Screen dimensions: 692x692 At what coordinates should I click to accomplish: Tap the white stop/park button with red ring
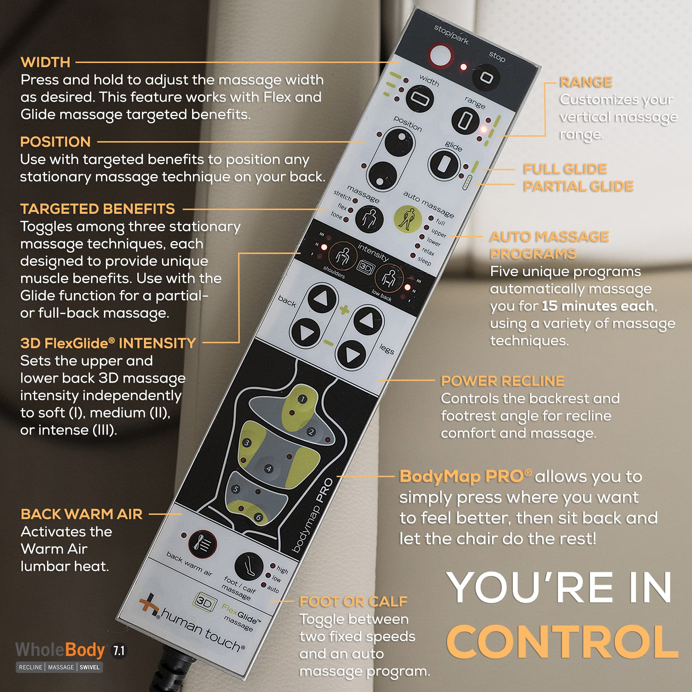click(441, 55)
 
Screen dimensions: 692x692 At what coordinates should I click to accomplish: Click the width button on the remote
click(420, 99)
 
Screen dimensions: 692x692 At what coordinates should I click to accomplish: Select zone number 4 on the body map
click(268, 468)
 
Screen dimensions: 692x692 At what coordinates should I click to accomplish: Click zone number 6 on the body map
click(258, 517)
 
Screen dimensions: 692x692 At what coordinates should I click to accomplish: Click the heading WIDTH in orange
click(45, 62)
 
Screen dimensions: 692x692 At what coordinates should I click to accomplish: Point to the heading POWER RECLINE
click(502, 381)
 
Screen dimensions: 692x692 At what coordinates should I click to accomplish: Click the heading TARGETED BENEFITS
click(98, 209)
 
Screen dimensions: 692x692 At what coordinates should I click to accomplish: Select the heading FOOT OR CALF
click(354, 602)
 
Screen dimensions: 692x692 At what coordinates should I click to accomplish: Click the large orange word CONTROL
click(562, 641)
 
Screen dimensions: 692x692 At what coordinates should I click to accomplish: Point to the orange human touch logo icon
click(149, 605)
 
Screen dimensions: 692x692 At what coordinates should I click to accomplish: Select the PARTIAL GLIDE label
click(578, 186)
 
